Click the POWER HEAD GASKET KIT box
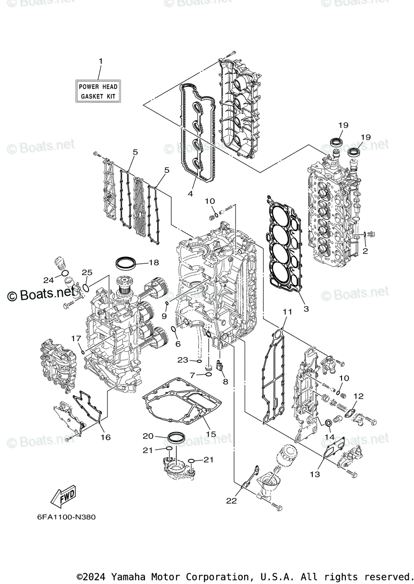point(98,91)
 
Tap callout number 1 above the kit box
point(101,61)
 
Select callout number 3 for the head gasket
point(306,309)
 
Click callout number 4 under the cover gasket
point(190,194)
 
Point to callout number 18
point(154,263)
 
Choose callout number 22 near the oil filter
point(231,500)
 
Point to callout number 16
point(106,437)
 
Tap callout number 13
point(315,474)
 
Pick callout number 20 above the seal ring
point(148,436)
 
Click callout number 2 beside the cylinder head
point(365,251)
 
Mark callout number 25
point(87,273)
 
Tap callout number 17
point(76,338)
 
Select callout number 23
point(182,360)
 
